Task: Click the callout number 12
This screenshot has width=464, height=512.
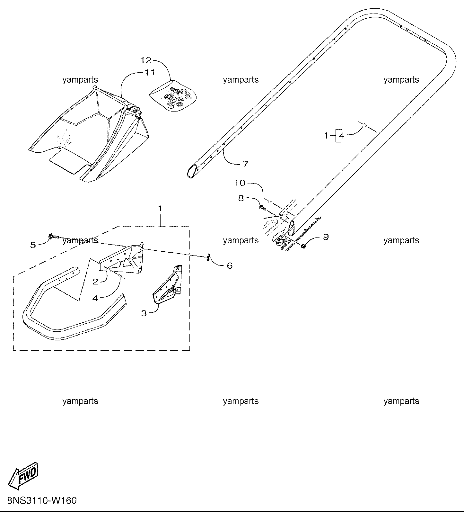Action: pos(145,60)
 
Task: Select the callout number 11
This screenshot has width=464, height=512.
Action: pos(149,73)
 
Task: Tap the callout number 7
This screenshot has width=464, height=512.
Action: pos(245,164)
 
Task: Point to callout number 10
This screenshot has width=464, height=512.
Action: pos(240,183)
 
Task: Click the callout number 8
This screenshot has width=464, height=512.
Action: pos(241,198)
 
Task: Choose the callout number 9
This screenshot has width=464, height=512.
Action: pos(326,237)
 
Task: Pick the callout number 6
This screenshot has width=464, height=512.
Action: pos(230,265)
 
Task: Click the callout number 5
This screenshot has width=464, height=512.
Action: pos(33,245)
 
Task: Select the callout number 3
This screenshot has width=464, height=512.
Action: pos(144,313)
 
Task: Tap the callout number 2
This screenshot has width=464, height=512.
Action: pos(95,282)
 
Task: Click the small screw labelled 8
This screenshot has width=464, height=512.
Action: pos(262,208)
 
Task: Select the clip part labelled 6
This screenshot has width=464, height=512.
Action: pos(209,257)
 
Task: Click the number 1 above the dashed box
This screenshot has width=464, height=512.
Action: pos(160,209)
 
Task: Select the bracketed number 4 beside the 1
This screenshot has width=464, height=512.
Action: pos(341,136)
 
